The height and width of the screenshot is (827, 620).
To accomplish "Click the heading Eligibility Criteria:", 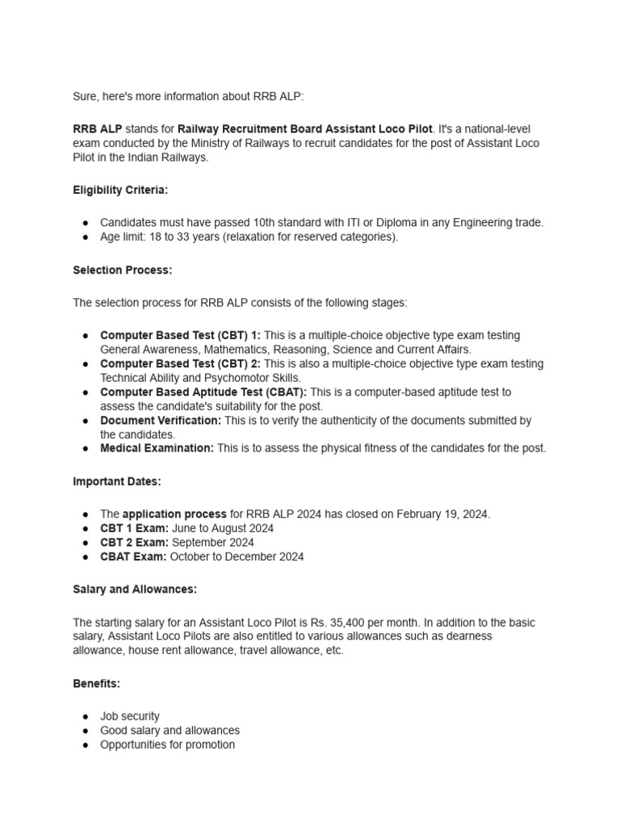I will [x=121, y=190].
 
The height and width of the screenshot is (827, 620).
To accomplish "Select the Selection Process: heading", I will [x=123, y=271].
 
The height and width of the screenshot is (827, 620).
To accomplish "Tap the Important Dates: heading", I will [x=117, y=481].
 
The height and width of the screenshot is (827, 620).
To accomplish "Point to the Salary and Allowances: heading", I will [x=135, y=590].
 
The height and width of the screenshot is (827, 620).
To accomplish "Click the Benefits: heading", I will [x=96, y=683].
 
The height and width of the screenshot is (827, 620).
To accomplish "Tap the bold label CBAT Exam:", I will [x=133, y=556].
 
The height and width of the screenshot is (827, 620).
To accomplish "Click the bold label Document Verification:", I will [x=161, y=421].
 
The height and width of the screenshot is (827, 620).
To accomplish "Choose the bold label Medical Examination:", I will [x=157, y=448].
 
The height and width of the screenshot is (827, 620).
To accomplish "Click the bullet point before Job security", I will [x=86, y=716].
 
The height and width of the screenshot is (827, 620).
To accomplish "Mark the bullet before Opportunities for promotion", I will [x=86, y=745].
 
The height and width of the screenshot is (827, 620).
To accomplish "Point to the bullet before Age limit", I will [x=86, y=237].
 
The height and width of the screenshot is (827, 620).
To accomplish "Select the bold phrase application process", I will [x=174, y=514].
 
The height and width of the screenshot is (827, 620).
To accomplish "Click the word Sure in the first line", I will [x=85, y=96].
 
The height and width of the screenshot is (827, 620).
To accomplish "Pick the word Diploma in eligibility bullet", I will [x=367, y=223].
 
